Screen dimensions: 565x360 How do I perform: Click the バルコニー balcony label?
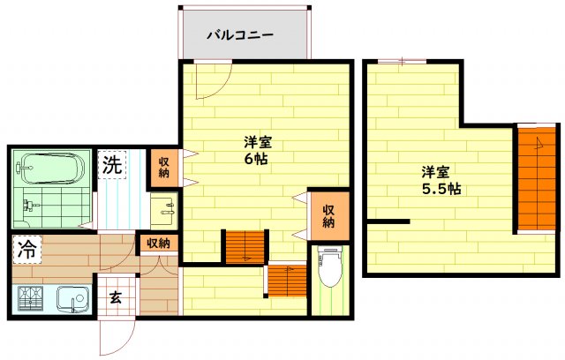pos(240,35)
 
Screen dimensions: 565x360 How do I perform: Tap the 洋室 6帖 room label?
pos(258,150)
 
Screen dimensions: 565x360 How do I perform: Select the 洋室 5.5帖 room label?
pos(441,180)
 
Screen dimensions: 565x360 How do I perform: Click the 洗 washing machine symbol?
pos(112,165)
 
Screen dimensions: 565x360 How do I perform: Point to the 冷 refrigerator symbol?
pos(27,250)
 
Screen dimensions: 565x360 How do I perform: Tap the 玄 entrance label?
pos(116,297)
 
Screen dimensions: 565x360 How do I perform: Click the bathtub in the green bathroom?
pos(52,169)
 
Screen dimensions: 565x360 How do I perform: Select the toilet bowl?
pos(329,266)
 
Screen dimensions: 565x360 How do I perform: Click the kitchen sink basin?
pos(73,299)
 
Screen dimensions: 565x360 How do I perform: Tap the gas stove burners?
pos(30,299)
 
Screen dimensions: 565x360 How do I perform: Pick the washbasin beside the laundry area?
pos(164,209)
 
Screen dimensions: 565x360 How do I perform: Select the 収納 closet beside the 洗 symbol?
pos(164,168)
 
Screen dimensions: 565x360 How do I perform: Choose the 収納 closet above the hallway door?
pos(159,244)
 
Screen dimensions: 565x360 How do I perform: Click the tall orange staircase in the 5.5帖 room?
pos(537,179)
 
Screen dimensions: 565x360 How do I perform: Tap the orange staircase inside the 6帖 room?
pos(245,247)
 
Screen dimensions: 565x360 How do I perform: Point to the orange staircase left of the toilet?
pos(287,281)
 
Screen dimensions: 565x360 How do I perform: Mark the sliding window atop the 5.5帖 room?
pos(403,62)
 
